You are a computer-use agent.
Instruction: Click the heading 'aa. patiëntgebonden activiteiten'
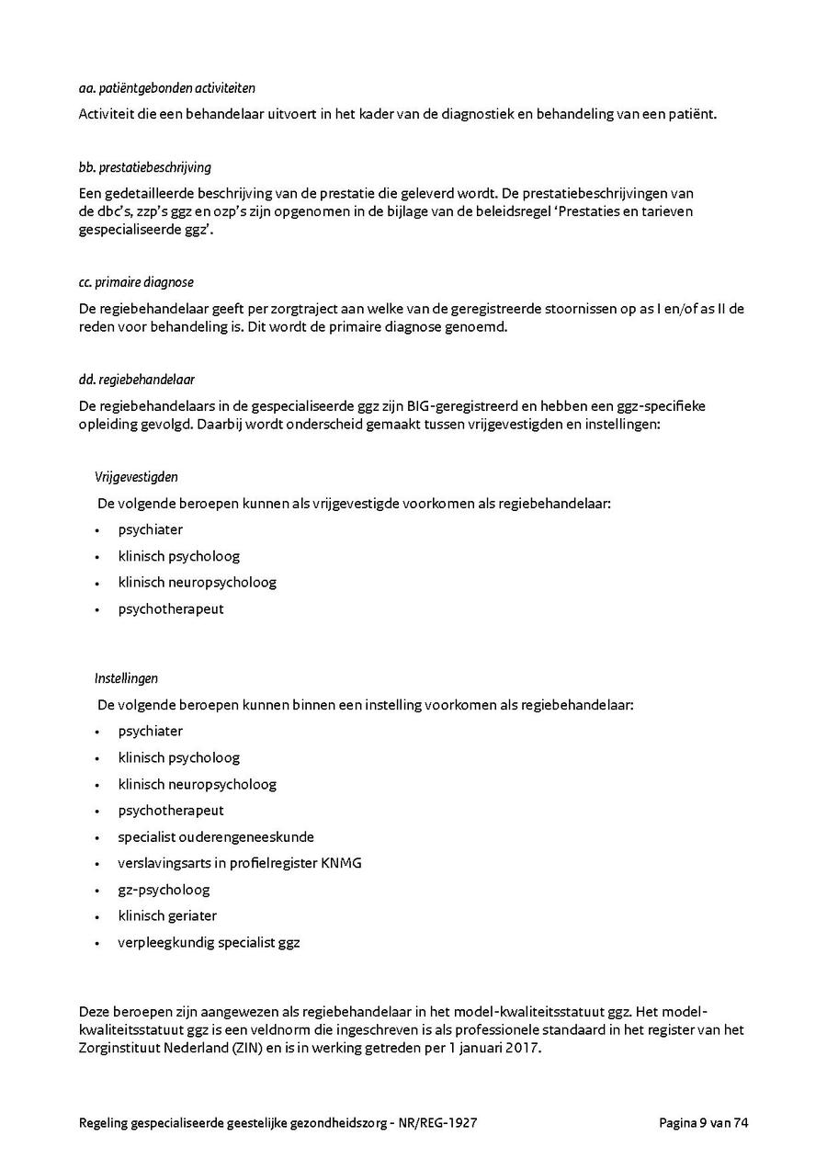(x=167, y=88)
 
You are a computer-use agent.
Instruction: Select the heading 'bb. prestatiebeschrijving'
(x=145, y=167)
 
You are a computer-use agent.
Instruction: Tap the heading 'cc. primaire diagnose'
(x=136, y=282)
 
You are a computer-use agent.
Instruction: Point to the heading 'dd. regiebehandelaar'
(x=137, y=379)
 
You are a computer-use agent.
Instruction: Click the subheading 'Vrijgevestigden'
(x=136, y=477)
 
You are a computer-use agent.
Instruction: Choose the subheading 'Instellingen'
(x=126, y=678)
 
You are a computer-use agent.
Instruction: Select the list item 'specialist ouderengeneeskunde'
(x=216, y=837)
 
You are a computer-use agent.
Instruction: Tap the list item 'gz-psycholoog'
(x=164, y=890)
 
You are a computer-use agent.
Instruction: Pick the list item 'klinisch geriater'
(x=167, y=916)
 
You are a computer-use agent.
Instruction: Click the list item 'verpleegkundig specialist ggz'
(x=209, y=943)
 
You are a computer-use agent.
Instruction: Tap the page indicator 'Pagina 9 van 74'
(x=704, y=1123)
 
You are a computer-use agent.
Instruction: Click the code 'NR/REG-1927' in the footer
(x=439, y=1123)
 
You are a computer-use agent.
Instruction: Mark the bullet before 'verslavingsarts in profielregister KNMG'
(x=96, y=865)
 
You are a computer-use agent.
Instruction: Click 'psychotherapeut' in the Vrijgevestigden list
(x=171, y=609)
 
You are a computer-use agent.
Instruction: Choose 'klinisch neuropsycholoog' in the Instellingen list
(x=197, y=784)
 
